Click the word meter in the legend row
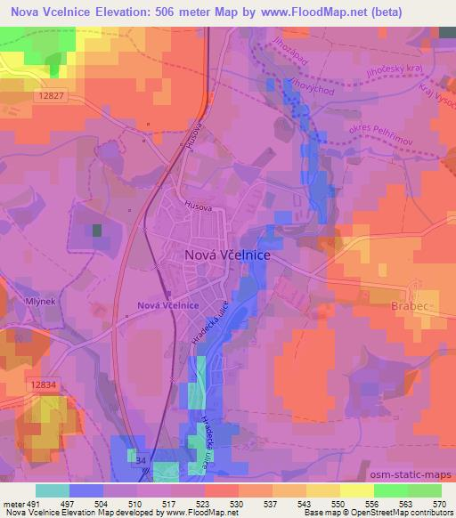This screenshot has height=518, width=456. coord(12,503)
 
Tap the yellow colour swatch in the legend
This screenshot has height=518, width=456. coord(356,490)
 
